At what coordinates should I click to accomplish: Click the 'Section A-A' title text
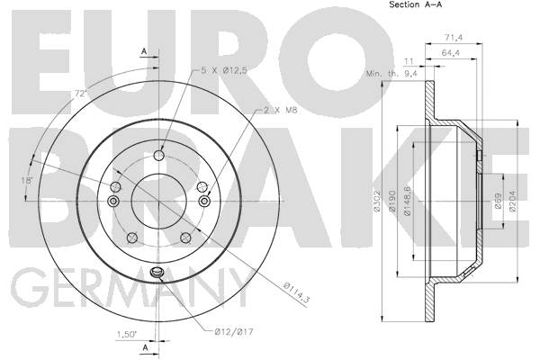pyautogui.click(x=415, y=4)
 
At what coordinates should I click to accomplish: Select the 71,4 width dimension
pyautogui.click(x=454, y=38)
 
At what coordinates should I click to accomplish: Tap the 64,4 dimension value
pyautogui.click(x=451, y=53)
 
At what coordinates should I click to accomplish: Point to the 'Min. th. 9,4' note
pyautogui.click(x=391, y=74)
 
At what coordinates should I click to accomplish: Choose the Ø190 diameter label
pyautogui.click(x=392, y=201)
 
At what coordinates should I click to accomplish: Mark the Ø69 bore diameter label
pyautogui.click(x=498, y=200)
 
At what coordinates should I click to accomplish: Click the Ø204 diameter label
pyautogui.click(x=512, y=201)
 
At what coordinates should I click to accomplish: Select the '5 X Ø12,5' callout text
pyautogui.click(x=224, y=70)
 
